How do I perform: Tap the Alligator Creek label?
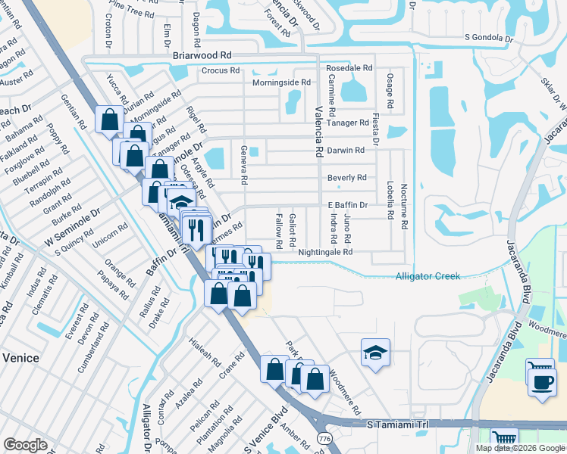point(428,276)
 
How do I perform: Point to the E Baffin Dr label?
point(347,205)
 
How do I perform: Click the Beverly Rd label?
point(346,178)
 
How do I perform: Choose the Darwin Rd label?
point(346,150)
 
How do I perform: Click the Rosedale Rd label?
point(351,67)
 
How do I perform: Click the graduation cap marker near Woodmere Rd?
point(375,353)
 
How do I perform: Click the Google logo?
point(25,445)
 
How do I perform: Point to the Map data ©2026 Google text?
point(520,448)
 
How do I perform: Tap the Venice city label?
point(20,357)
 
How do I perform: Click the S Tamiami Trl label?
point(397,425)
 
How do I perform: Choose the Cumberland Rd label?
point(92,347)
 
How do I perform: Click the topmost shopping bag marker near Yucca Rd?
point(110,120)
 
